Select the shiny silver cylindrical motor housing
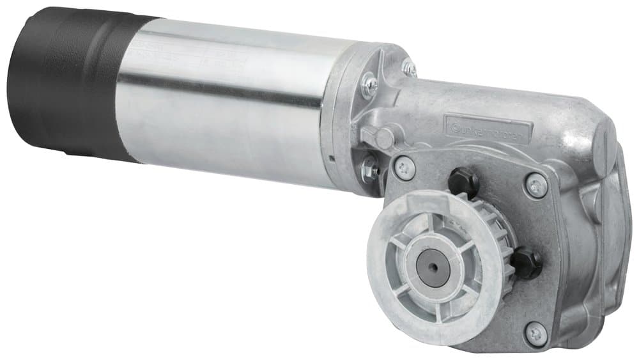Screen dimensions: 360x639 [x=224, y=109]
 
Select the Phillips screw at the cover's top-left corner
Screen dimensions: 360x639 [x=404, y=168]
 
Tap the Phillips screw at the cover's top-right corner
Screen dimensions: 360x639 [x=536, y=185]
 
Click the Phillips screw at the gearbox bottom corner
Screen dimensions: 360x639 [x=535, y=333]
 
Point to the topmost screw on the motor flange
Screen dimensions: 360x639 [x=409, y=67]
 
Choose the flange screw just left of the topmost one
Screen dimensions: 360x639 [x=369, y=84]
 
